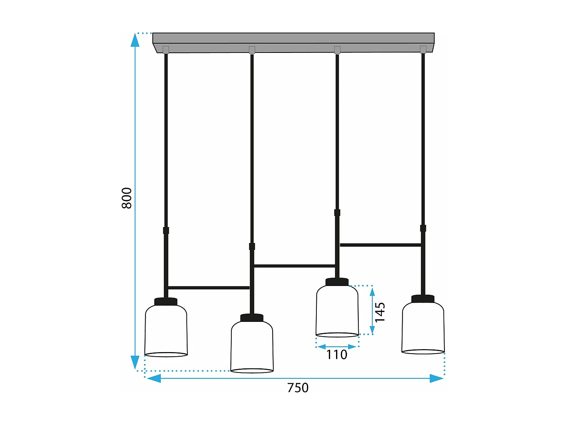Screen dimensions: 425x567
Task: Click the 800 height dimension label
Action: coord(127,198)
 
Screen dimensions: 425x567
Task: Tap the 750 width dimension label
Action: coord(298,388)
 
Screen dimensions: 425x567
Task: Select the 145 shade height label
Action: coord(380,312)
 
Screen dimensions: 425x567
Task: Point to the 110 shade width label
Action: coord(336,355)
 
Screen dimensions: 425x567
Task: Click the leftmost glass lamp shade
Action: coord(166,331)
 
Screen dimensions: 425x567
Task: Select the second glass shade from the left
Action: coord(252,347)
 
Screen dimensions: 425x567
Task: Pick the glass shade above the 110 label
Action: coord(337,311)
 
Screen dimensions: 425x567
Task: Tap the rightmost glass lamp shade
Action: coord(423,328)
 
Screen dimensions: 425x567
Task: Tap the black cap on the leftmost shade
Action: coord(166,301)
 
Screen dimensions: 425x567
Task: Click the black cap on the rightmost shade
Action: coord(423,299)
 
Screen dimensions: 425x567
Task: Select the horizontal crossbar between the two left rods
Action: coord(209,288)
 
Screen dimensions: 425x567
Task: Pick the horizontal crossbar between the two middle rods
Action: coord(294,266)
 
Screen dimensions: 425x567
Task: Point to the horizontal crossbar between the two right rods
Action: coord(380,245)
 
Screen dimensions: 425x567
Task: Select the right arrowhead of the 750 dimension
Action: coord(437,378)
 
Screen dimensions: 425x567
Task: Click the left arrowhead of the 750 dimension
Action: coord(153,378)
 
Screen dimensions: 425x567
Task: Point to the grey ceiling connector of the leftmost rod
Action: coord(166,49)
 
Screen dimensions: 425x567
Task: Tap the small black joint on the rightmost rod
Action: coord(423,228)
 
